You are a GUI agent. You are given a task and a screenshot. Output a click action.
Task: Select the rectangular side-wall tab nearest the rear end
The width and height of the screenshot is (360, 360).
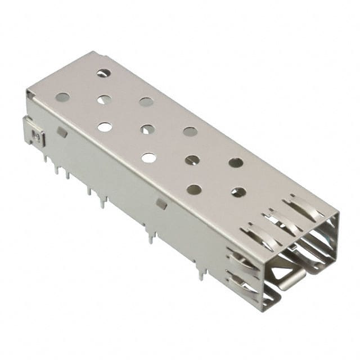click(x=62, y=132)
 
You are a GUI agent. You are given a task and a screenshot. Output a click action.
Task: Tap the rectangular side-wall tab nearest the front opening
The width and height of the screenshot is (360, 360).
click(x=161, y=204)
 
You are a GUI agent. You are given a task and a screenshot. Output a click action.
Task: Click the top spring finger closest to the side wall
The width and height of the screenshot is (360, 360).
click(x=256, y=235)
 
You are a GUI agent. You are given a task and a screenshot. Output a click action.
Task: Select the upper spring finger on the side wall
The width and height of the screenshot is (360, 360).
click(x=242, y=260)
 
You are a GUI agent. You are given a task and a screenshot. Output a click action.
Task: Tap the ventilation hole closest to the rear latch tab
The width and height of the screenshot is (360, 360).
click(x=62, y=97)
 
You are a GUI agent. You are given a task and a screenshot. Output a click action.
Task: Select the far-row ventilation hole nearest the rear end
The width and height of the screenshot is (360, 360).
click(x=103, y=73)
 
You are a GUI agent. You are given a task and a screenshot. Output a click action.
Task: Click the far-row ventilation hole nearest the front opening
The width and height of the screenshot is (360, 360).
click(x=236, y=163)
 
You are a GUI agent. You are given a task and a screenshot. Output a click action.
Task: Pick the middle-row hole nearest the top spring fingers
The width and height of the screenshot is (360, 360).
click(x=238, y=192)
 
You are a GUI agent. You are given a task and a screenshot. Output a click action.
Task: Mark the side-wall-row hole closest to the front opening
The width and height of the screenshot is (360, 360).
click(x=193, y=190)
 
